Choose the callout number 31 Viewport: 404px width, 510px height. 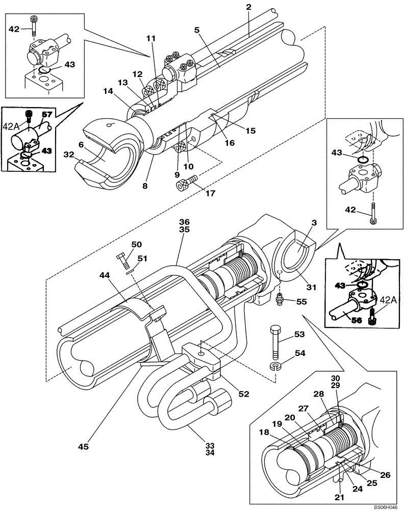(x=312, y=288)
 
